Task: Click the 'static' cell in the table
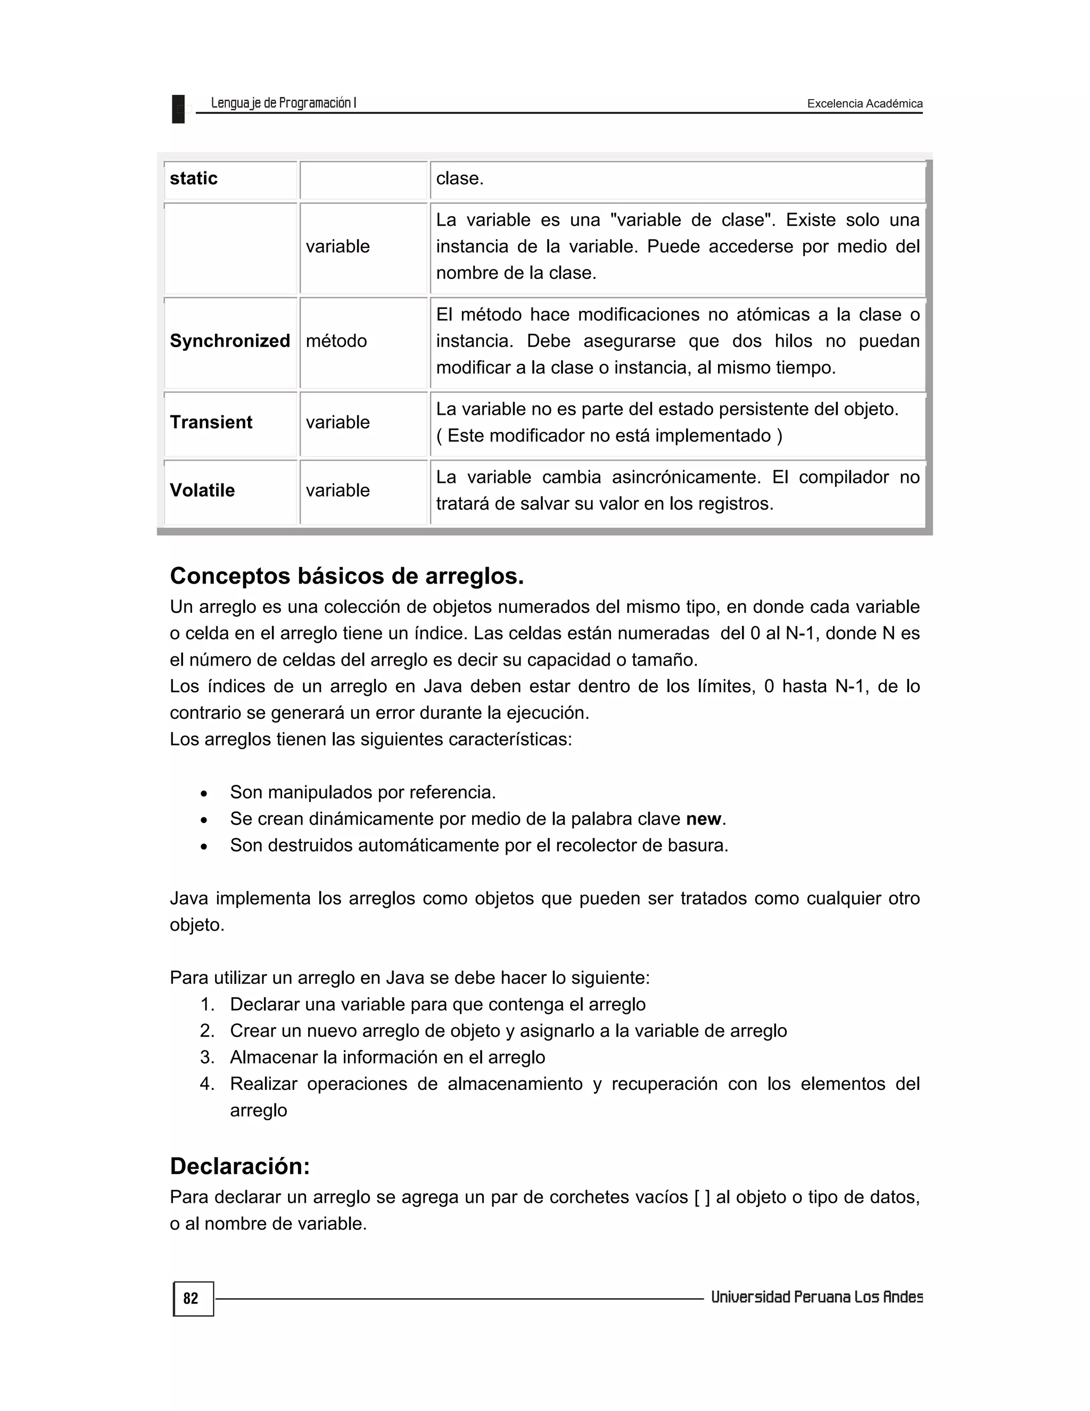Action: (x=194, y=178)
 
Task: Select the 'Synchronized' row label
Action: (x=230, y=341)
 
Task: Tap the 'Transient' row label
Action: (x=211, y=423)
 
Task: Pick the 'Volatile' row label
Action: (x=202, y=490)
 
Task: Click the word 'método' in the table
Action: (x=336, y=341)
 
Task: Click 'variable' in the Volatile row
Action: (x=338, y=490)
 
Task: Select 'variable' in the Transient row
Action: (x=338, y=423)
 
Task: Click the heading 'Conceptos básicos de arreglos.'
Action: (x=347, y=576)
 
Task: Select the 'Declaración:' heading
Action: (x=240, y=1166)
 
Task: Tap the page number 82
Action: (x=191, y=1299)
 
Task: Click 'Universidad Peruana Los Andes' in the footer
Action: (x=816, y=1297)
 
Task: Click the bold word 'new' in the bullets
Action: (x=703, y=819)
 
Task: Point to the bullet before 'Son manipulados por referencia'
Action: (x=204, y=793)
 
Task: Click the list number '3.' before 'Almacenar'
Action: (x=207, y=1057)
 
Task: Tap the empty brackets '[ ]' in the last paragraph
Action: (x=702, y=1197)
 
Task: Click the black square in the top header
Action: (x=178, y=109)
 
